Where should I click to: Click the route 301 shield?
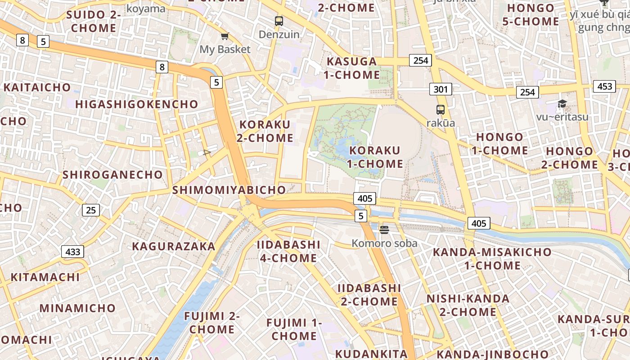point(441,89)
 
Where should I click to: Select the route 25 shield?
point(91,210)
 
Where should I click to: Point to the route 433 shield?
point(72,252)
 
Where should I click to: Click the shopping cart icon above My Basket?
point(225,36)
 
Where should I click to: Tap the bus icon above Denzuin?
point(279,21)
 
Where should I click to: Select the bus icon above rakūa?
point(440,109)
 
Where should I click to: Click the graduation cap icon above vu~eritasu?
point(562,104)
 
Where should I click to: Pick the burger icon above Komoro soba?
point(384,230)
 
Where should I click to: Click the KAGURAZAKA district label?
point(174,246)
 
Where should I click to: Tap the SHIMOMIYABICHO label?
point(229,190)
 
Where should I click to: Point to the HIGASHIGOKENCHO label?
point(137,104)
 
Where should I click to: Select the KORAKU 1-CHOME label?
point(375,157)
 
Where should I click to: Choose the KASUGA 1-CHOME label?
point(352,68)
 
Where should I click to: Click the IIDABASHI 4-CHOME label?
point(288,251)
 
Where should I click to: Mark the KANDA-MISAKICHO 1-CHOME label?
point(492,258)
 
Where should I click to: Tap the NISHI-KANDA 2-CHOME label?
point(468,305)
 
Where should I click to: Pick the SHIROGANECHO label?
point(112,175)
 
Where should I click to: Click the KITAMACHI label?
point(45,277)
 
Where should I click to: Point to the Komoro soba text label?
point(384,243)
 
